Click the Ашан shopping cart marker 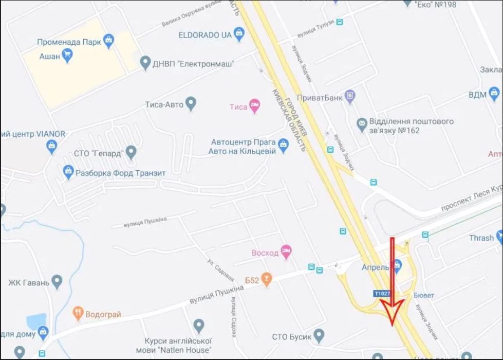[x=67, y=55]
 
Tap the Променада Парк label [x=69, y=42]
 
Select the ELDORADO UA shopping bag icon [x=239, y=34]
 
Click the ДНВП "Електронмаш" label [x=193, y=64]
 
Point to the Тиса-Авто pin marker [x=191, y=104]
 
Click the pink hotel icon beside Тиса [x=254, y=106]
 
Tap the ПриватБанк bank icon [x=350, y=96]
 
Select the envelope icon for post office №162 [x=362, y=123]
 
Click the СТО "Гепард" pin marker [x=131, y=152]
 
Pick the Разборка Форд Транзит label [x=120, y=173]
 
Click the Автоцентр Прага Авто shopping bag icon [x=283, y=147]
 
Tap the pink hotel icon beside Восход [x=287, y=252]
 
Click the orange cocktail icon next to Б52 [x=266, y=279]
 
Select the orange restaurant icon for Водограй [x=78, y=313]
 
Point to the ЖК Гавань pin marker [x=57, y=282]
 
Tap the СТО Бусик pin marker [x=319, y=336]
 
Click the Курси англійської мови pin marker [x=199, y=326]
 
